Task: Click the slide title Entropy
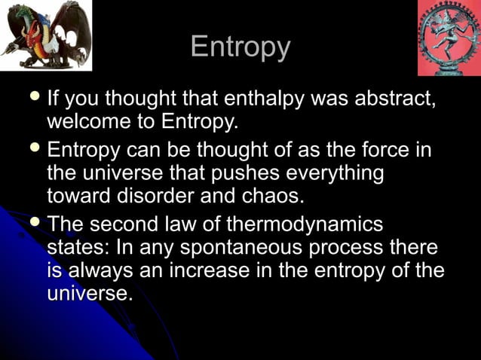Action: click(240, 47)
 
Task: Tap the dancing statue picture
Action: click(448, 37)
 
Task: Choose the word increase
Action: click(213, 270)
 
